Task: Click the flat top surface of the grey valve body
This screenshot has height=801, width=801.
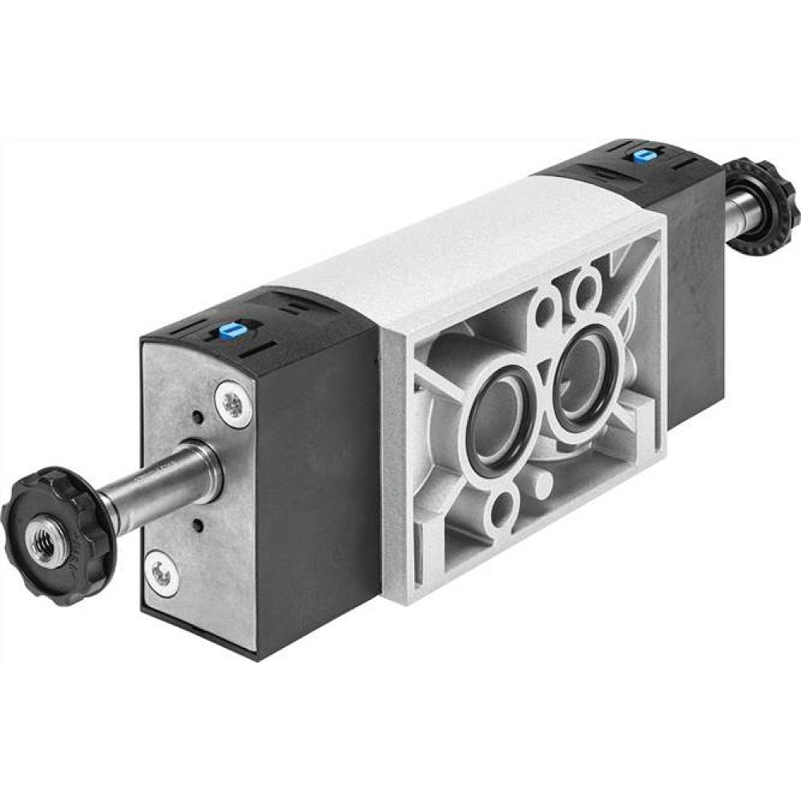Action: coord(449,240)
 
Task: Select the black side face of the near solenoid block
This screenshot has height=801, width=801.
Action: coord(316,481)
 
